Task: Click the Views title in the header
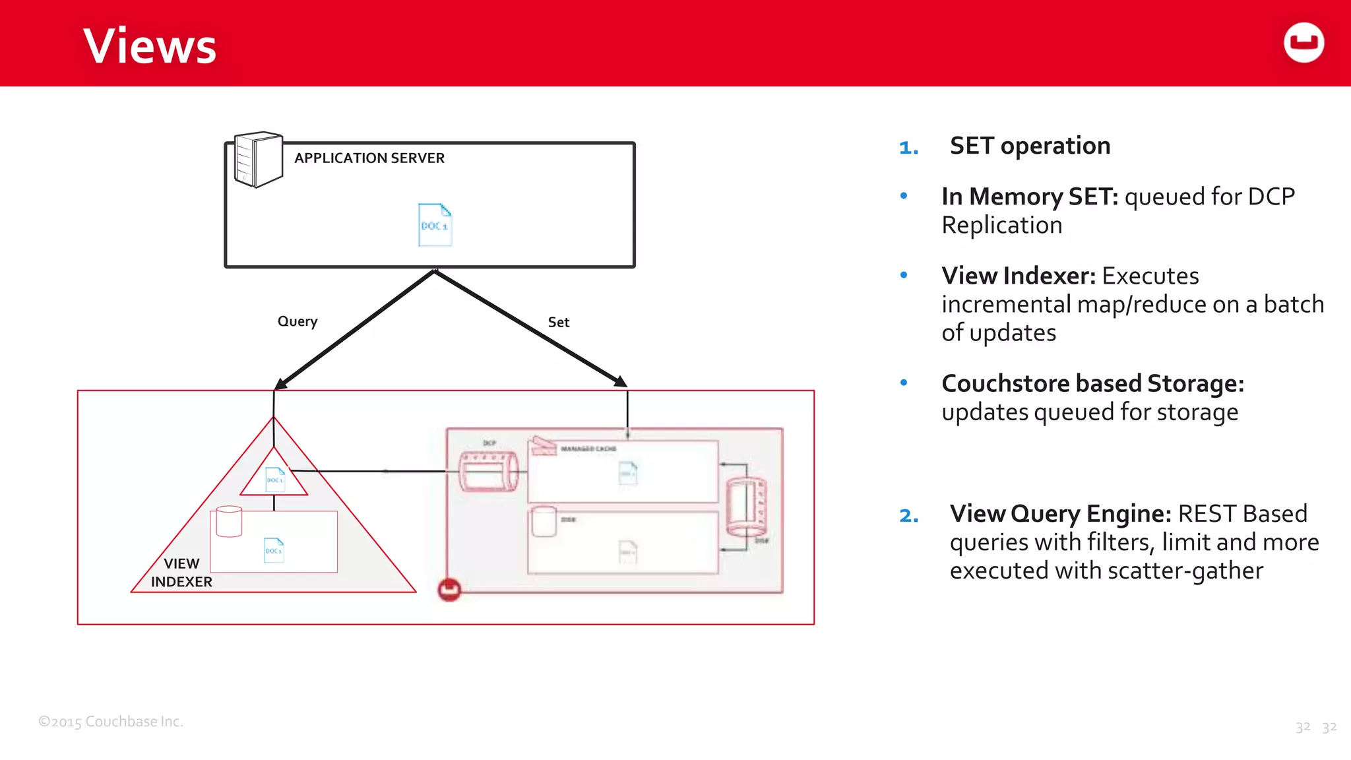pyautogui.click(x=150, y=46)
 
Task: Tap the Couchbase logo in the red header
pyautogui.click(x=1304, y=43)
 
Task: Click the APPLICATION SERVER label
pyautogui.click(x=369, y=158)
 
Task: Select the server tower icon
pyautogui.click(x=258, y=160)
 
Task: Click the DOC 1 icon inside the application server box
pyautogui.click(x=435, y=225)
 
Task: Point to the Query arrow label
pyautogui.click(x=298, y=321)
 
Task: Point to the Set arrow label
pyautogui.click(x=558, y=323)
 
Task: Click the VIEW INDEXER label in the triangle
pyautogui.click(x=181, y=573)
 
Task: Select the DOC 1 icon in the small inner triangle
pyautogui.click(x=275, y=480)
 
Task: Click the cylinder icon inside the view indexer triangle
pyautogui.click(x=229, y=521)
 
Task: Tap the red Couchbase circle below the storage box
pyautogui.click(x=449, y=589)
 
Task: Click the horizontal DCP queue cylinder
pyautogui.click(x=488, y=472)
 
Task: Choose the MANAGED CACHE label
pyautogui.click(x=588, y=449)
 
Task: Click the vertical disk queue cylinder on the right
pyautogui.click(x=746, y=507)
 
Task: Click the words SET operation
pyautogui.click(x=1030, y=146)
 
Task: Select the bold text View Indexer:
pyautogui.click(x=1018, y=276)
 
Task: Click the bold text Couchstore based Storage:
pyautogui.click(x=1092, y=383)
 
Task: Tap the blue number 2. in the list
pyautogui.click(x=908, y=515)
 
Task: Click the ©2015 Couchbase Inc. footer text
pyautogui.click(x=111, y=722)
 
